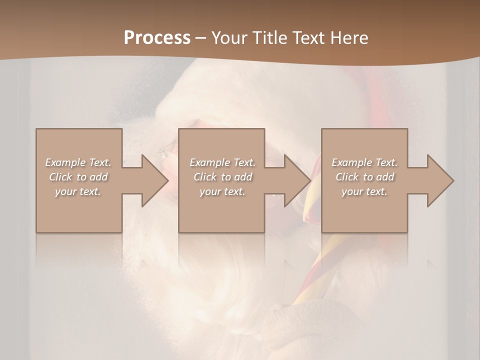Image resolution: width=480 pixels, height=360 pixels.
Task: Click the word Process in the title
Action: click(157, 38)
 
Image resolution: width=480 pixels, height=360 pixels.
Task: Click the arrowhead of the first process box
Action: click(152, 180)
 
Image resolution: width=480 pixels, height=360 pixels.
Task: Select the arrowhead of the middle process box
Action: click(295, 180)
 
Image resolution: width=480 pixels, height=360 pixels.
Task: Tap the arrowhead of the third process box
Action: click(438, 180)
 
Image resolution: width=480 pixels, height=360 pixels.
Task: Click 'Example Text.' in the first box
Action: click(78, 162)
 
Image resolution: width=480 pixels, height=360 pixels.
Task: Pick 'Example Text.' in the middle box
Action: click(222, 162)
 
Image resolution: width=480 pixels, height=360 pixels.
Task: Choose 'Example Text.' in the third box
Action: click(364, 162)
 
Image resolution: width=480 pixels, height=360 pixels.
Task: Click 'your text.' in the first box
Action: click(78, 191)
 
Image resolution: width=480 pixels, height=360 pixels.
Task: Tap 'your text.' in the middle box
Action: click(222, 191)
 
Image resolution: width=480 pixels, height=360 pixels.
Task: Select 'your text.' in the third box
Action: click(364, 191)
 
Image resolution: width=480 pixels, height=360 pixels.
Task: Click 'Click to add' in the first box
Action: click(78, 177)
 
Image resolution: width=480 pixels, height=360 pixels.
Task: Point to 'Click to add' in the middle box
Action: click(222, 177)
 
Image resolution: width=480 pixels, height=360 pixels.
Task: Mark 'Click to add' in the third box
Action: click(364, 177)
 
